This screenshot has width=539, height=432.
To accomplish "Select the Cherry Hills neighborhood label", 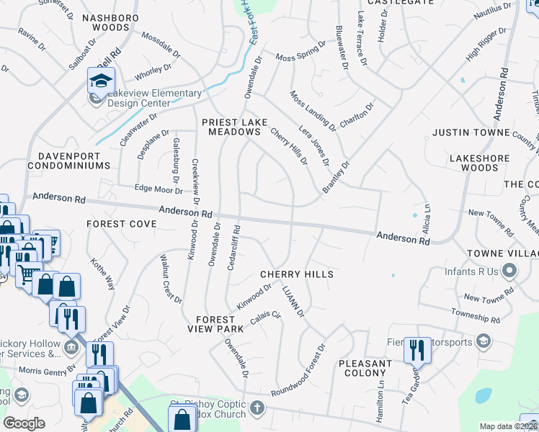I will (297, 274).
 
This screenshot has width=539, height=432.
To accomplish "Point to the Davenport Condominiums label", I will (69, 160).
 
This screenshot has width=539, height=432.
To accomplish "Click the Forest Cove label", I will (122, 224).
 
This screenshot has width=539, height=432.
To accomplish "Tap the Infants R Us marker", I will (510, 271).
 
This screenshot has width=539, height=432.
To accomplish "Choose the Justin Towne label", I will (471, 132).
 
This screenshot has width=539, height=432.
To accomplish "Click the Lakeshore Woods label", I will (479, 163).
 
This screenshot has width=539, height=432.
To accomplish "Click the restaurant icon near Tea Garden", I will (416, 349).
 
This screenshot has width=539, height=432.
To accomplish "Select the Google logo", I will (24, 423).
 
